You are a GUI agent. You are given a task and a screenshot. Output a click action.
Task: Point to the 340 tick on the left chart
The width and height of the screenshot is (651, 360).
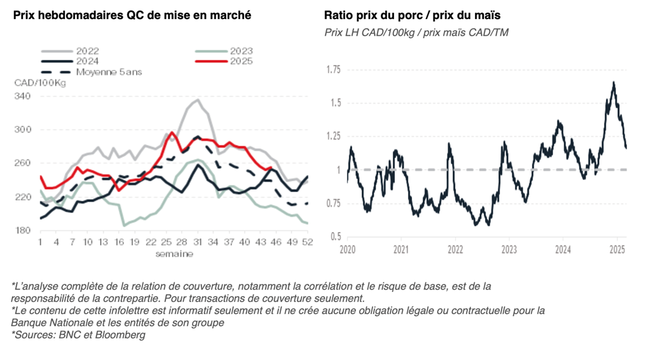[x=23, y=96]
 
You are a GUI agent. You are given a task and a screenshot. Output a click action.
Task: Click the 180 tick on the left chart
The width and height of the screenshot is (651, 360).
[x=23, y=230]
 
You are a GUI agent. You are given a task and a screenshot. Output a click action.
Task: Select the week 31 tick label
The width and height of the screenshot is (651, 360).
[x=198, y=242]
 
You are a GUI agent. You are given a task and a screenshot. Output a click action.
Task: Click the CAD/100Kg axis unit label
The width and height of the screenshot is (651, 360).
[x=40, y=83]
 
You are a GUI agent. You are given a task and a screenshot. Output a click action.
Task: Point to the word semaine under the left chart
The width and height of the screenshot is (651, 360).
[x=174, y=254]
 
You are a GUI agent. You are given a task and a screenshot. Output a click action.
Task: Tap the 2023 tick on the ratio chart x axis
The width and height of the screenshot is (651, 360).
[x=509, y=249]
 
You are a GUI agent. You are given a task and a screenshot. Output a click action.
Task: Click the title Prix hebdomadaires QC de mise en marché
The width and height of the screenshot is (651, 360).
[x=132, y=15]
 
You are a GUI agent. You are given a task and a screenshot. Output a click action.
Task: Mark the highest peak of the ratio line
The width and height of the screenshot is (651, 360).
[x=613, y=82]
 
